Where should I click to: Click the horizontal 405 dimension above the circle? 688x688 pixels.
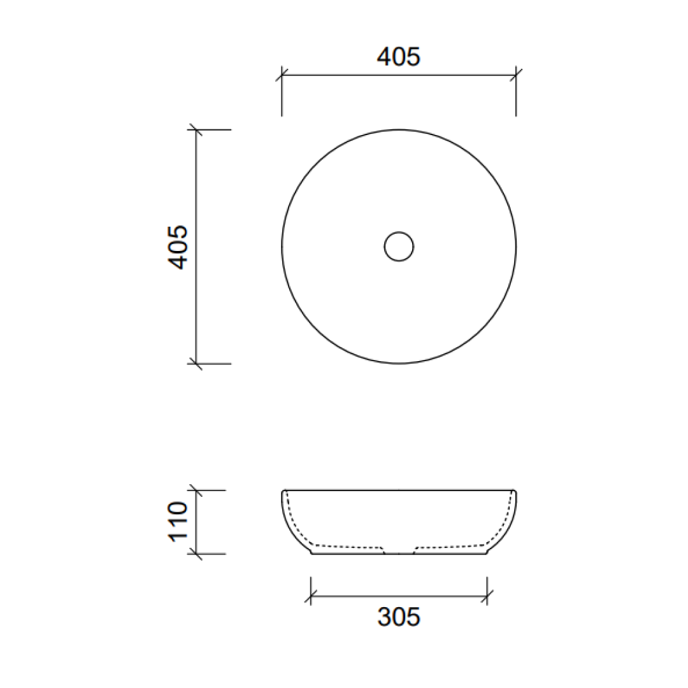[x=399, y=57]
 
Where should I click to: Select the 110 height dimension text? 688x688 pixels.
[x=179, y=521]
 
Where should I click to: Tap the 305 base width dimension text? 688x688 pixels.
[x=399, y=617]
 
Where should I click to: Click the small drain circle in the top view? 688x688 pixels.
[x=399, y=247]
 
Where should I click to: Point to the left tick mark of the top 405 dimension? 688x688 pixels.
[x=282, y=75]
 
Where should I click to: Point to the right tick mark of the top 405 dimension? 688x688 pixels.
[x=516, y=75]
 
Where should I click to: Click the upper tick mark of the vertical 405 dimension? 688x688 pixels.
[x=196, y=130]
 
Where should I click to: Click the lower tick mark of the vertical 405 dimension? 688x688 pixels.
[x=196, y=364]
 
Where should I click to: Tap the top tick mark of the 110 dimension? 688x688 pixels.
[x=196, y=491]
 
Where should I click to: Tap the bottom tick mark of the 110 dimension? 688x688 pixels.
[x=196, y=554]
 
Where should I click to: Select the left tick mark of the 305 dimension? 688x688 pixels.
[x=311, y=597]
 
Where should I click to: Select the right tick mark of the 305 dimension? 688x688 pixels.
[x=487, y=597]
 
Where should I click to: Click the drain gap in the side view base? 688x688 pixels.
[x=399, y=552]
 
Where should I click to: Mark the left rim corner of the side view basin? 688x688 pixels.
[x=283, y=492]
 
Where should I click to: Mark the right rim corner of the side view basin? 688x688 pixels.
[x=515, y=492]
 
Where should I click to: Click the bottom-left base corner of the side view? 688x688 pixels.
[x=312, y=553]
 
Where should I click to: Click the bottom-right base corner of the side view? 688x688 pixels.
[x=487, y=553]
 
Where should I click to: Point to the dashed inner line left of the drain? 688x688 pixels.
[x=347, y=546]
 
